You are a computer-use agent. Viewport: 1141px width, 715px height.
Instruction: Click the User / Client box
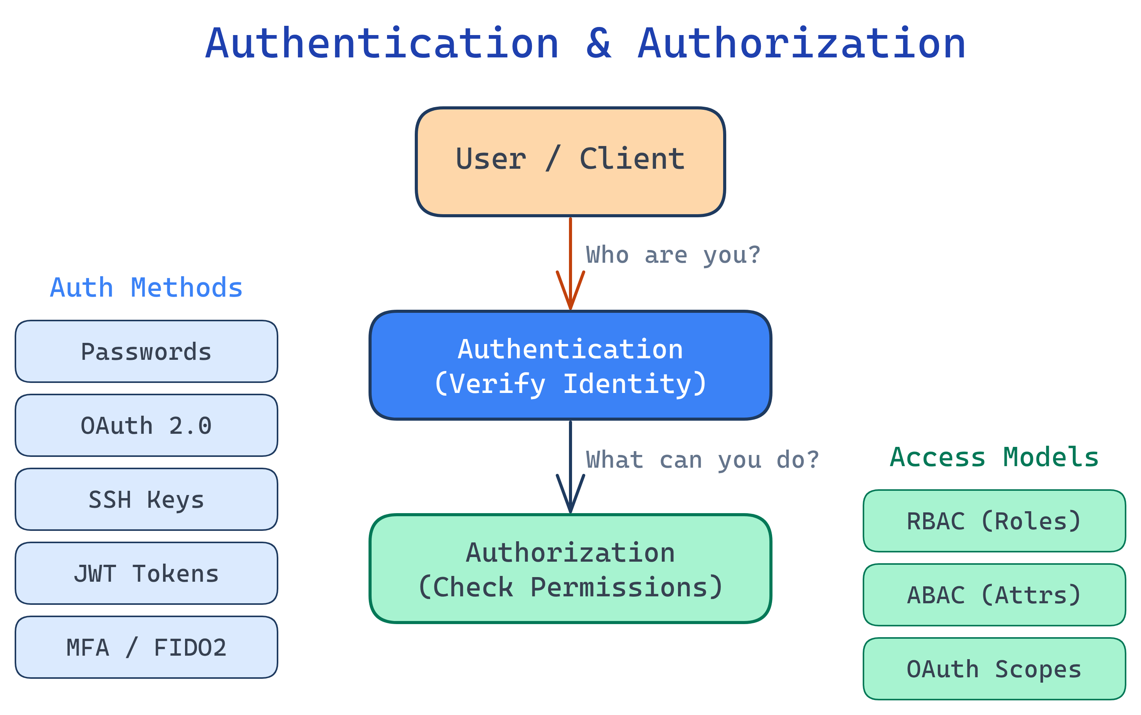coord(570,162)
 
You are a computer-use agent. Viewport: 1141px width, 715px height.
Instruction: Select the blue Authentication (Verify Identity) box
coord(570,365)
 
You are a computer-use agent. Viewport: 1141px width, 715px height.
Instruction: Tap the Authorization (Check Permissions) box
coord(570,568)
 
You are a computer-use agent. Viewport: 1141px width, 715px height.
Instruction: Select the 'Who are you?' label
coord(673,255)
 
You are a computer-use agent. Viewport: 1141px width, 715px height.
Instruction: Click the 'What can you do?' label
coord(702,460)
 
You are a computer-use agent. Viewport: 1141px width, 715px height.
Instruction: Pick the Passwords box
coord(146,351)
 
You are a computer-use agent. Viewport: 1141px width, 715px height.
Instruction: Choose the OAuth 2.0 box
coord(146,425)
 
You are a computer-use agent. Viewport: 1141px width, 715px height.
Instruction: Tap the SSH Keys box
coord(146,499)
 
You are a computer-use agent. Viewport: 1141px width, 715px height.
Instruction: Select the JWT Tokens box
coord(146,573)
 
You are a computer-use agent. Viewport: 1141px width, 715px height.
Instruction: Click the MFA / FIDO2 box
coord(146,647)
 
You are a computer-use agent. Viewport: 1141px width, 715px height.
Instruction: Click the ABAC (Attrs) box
coord(994,594)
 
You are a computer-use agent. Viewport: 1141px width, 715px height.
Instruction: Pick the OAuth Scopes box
coord(994,669)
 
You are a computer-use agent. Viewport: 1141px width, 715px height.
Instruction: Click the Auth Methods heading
coord(146,288)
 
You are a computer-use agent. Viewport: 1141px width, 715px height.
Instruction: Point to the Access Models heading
coord(994,457)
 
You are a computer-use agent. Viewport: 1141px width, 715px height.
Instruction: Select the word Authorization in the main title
coord(801,44)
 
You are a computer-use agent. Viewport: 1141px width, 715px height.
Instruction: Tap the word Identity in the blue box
coord(634,384)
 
